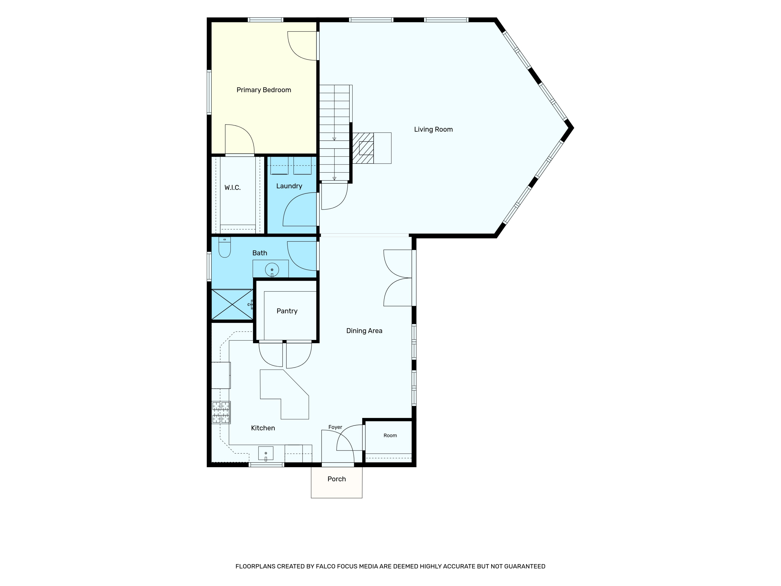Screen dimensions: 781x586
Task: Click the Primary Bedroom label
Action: (264, 90)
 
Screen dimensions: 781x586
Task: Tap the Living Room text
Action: (433, 130)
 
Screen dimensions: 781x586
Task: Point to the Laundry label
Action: (289, 186)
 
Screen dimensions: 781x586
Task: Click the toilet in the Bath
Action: (225, 247)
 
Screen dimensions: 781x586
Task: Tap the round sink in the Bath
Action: (272, 270)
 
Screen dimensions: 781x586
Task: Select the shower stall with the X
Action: (232, 304)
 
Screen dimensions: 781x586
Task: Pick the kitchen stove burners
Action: (221, 412)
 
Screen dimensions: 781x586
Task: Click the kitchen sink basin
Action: (266, 453)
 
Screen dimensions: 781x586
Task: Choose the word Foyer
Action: (335, 427)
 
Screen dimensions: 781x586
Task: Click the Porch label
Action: (336, 479)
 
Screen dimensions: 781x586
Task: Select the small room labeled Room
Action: (388, 441)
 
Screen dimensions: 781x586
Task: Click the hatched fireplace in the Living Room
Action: (363, 148)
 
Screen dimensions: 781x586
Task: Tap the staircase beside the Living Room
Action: (334, 133)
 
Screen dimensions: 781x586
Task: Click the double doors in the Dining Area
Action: (398, 278)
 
